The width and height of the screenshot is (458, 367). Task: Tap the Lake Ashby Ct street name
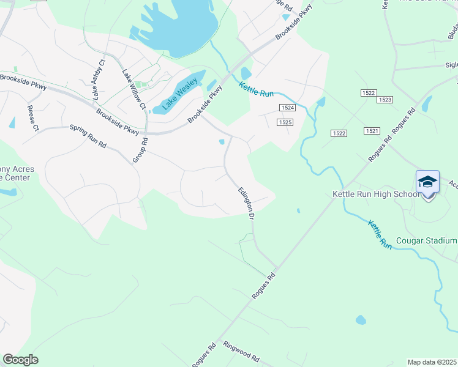(x=99, y=78)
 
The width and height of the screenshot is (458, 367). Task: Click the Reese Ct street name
(x=32, y=119)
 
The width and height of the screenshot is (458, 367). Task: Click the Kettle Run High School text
(x=376, y=194)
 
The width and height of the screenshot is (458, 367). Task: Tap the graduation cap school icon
(x=427, y=182)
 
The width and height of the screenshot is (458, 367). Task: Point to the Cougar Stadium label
(x=426, y=240)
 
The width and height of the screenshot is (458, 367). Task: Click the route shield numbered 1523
(x=385, y=99)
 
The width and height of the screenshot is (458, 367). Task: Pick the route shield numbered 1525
(x=284, y=122)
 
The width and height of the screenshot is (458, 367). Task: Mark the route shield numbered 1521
(x=372, y=131)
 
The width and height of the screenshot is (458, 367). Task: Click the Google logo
(x=20, y=360)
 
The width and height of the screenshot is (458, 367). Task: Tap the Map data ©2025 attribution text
(x=432, y=362)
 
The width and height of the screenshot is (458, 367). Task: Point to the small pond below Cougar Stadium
(x=361, y=320)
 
